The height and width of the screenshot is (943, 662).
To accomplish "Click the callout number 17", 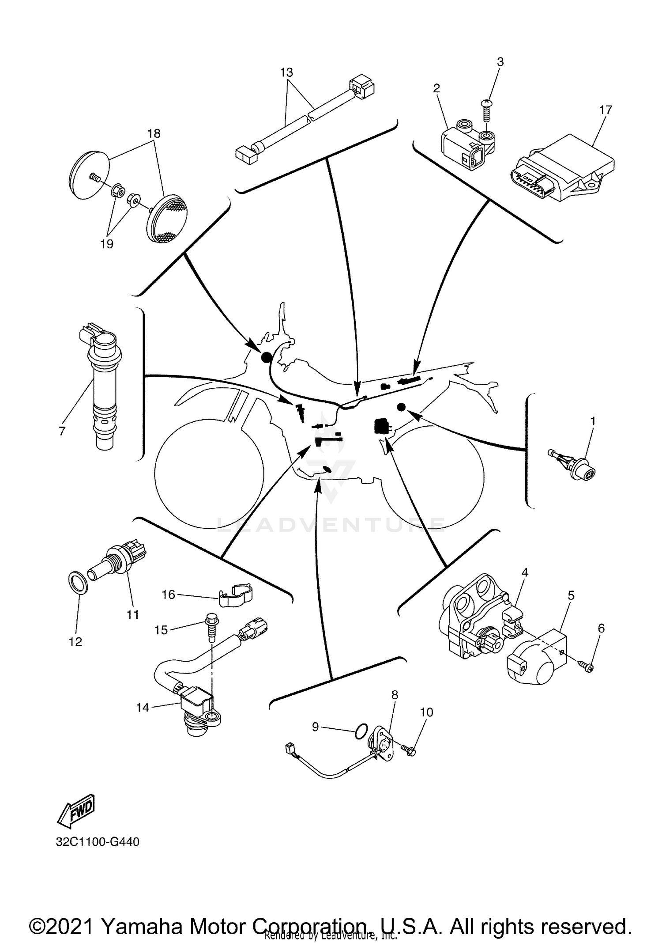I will (606, 110).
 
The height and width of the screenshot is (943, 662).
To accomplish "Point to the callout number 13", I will (286, 72).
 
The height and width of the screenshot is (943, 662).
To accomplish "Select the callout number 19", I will (107, 244).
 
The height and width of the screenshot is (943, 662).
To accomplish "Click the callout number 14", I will (143, 708).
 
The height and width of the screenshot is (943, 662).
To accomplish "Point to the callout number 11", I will (133, 614).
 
